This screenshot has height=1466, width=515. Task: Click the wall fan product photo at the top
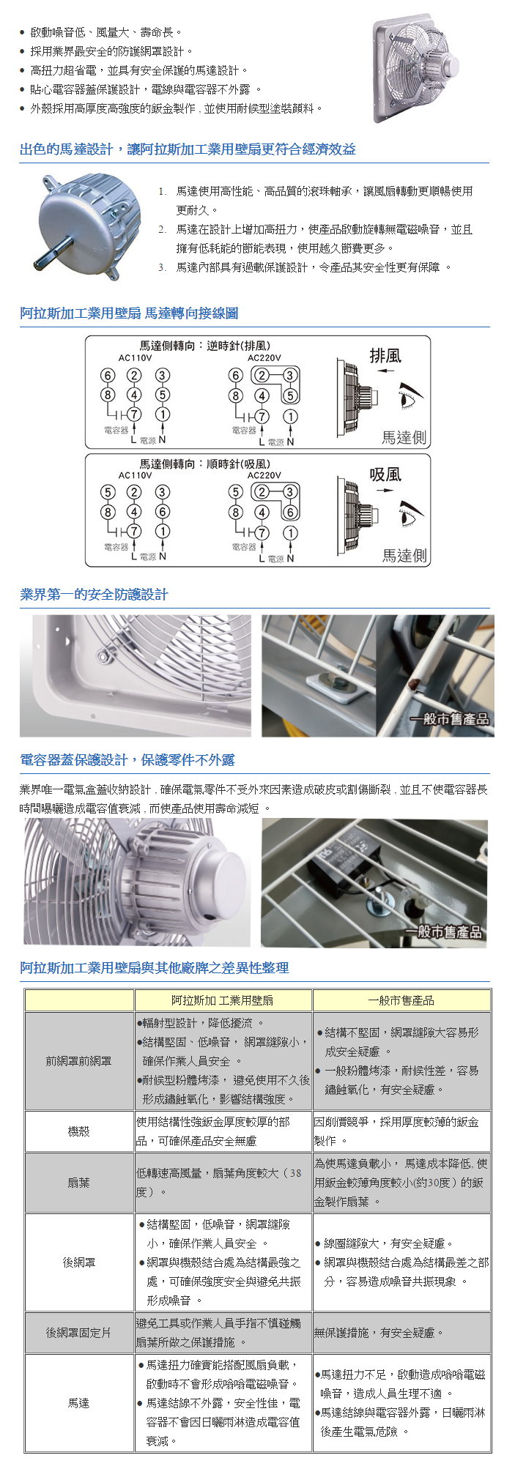(x=415, y=71)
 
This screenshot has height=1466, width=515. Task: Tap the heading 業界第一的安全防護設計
(x=94, y=595)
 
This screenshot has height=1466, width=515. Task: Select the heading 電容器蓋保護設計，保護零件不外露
(x=127, y=760)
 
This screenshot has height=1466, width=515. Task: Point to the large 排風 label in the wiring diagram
(x=385, y=356)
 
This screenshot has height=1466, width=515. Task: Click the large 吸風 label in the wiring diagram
(x=385, y=475)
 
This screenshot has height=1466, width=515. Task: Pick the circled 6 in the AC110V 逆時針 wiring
(x=107, y=376)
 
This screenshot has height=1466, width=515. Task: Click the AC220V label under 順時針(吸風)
(x=264, y=476)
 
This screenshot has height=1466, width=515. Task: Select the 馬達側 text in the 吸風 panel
(x=404, y=556)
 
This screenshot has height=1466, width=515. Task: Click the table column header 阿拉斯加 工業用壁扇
(x=223, y=1000)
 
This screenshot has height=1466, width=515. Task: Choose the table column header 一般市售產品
(x=401, y=1000)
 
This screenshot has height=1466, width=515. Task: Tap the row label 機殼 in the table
(x=78, y=1131)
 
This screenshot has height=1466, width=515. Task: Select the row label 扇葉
(x=78, y=1183)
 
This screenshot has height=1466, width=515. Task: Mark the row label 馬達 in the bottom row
(x=78, y=1403)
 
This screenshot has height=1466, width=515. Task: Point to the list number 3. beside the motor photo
(x=162, y=267)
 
